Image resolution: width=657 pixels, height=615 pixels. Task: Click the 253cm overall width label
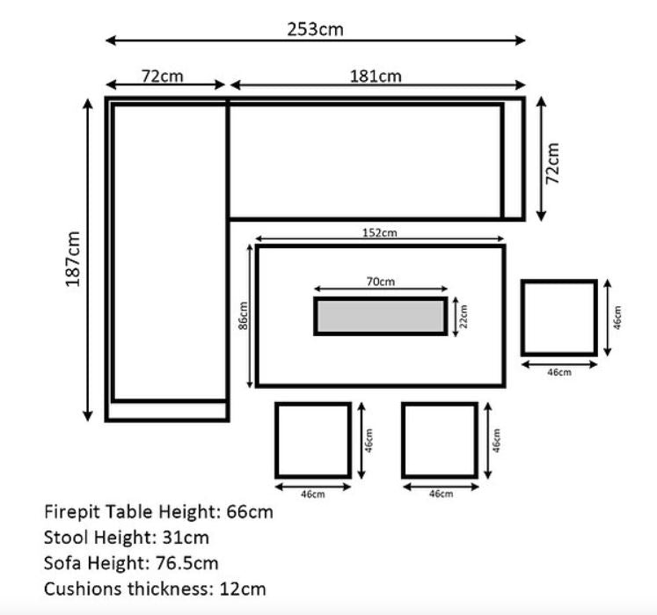(315, 29)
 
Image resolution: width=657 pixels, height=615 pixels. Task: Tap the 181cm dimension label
(376, 77)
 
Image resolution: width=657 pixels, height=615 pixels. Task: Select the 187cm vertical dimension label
(72, 259)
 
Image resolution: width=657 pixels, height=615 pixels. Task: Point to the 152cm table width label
(379, 232)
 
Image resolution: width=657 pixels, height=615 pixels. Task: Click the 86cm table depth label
(243, 315)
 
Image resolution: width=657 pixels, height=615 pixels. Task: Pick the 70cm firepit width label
(381, 282)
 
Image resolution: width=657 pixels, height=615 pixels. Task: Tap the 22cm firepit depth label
(464, 316)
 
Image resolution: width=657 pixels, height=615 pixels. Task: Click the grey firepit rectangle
(381, 316)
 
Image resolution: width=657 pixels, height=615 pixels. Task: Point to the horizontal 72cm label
(162, 77)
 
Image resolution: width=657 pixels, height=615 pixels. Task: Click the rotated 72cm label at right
(552, 163)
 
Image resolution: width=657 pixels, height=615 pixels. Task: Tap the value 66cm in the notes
(250, 512)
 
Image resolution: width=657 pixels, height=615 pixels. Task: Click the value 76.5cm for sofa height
(186, 563)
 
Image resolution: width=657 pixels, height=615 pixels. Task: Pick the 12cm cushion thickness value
(243, 589)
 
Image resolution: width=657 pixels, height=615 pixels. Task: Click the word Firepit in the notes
(72, 512)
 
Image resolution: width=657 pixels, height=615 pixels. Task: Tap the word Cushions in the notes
(84, 589)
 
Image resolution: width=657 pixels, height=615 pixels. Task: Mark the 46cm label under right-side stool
(559, 372)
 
